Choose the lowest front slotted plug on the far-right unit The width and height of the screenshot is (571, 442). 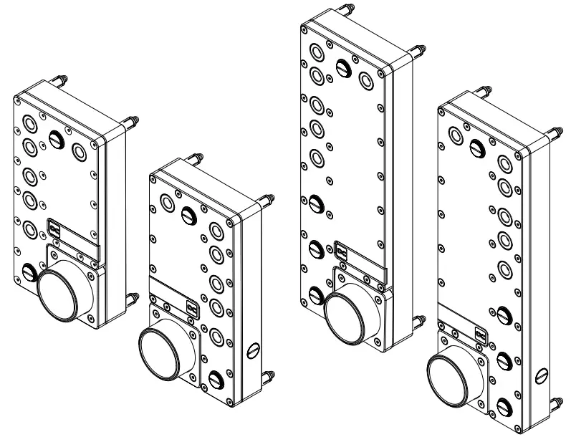coord(505,405)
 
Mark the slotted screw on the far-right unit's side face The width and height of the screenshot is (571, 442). coord(542,375)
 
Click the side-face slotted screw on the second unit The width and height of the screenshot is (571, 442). coord(251,351)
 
